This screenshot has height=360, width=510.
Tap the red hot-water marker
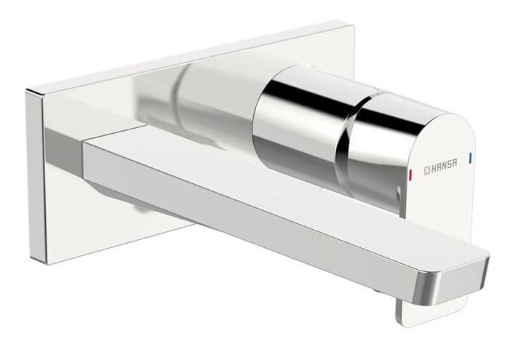[412, 175]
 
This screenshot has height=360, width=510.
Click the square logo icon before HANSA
[427, 171]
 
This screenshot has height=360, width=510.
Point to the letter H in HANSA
[434, 169]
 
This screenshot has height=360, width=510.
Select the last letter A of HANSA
[454, 162]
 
